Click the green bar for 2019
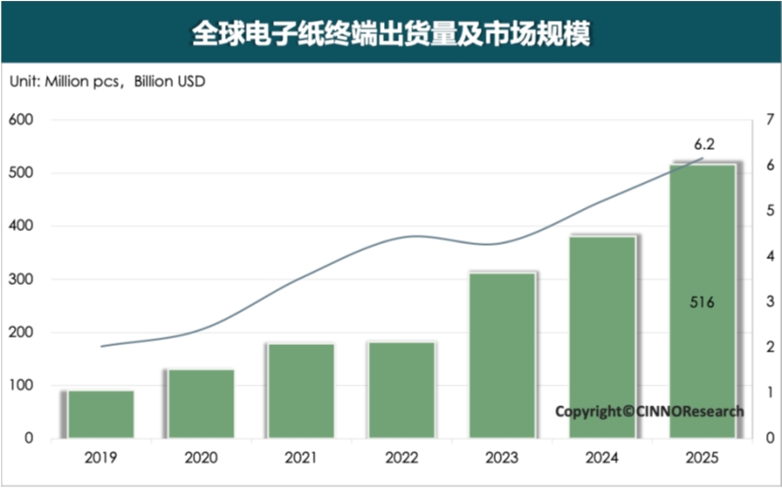pos(101,414)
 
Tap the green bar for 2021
pos(300,390)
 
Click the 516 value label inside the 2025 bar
pos(702,302)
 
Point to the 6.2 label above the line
pos(705,144)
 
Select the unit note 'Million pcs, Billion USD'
pos(107,81)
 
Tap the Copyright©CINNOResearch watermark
pos(649,411)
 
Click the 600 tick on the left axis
pos(22,120)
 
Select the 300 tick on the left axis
pos(22,279)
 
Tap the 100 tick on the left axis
pos(22,385)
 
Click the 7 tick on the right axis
pos(770,120)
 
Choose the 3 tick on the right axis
pos(770,302)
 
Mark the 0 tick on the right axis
pos(770,438)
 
